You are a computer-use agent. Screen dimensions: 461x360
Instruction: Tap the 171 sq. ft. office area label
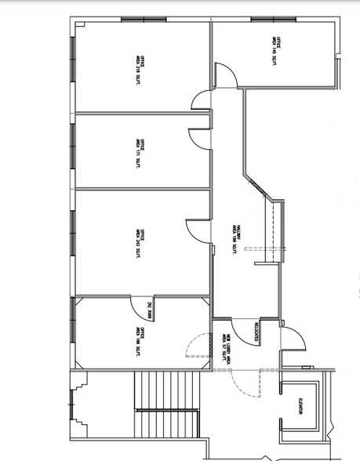(x=140, y=152)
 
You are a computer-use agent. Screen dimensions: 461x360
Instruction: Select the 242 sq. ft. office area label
(x=140, y=238)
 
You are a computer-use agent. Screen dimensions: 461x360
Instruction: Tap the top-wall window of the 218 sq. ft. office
(x=142, y=19)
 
